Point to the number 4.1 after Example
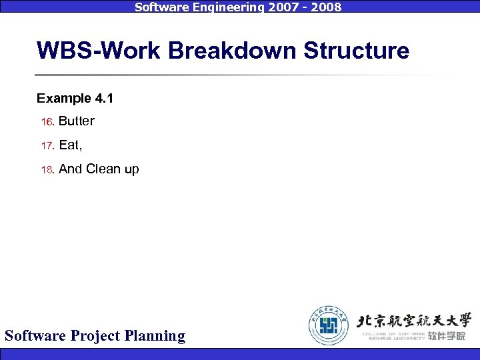click(103, 99)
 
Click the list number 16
click(47, 122)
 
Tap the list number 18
click(47, 170)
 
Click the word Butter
click(77, 121)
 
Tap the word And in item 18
click(71, 169)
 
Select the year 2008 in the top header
click(325, 7)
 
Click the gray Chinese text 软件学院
click(447, 336)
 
